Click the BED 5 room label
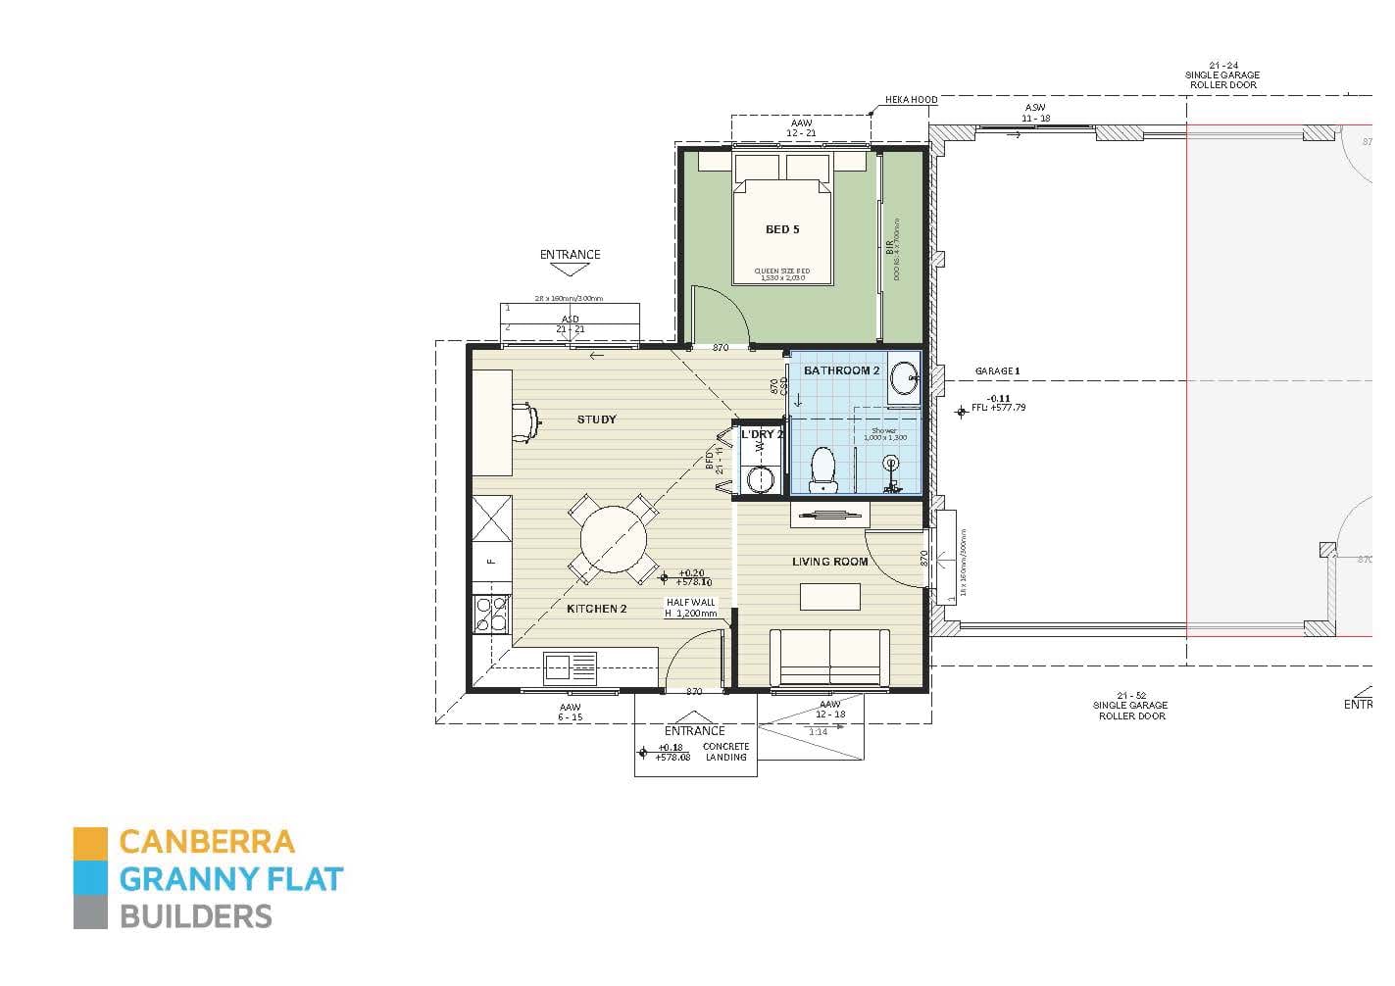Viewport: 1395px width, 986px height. [x=781, y=229]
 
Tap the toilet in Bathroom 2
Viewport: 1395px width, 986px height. [x=822, y=469]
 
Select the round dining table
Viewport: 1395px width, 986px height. [x=614, y=537]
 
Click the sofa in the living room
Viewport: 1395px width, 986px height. [x=829, y=658]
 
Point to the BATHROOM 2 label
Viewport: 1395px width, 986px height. [x=841, y=370]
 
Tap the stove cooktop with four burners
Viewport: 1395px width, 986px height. [x=491, y=614]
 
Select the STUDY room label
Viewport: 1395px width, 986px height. [x=596, y=419]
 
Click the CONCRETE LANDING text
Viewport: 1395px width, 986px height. [x=725, y=752]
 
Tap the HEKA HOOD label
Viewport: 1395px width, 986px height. [x=911, y=100]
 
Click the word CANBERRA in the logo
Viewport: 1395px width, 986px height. [x=206, y=842]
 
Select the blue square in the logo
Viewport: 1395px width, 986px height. [x=90, y=878]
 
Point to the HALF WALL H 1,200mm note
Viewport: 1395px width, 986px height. [x=691, y=609]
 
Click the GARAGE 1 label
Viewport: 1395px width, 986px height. [x=997, y=371]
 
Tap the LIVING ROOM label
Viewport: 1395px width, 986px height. [x=829, y=562]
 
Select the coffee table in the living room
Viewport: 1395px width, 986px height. [x=829, y=596]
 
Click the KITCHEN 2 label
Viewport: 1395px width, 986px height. [x=596, y=609]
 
